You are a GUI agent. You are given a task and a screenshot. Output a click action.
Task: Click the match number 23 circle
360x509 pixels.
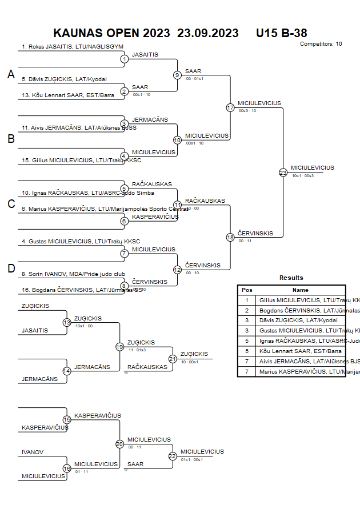coord(283,172)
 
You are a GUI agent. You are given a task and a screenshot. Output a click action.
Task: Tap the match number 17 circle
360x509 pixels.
coord(230,107)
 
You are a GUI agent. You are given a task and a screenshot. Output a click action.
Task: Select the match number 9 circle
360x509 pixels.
coord(177,75)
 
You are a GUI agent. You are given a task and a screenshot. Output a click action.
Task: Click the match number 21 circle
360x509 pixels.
coord(173,359)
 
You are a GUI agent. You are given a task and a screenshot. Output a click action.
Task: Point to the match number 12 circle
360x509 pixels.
coord(177,270)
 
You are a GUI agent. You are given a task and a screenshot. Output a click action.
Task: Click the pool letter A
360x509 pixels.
coord(10,74)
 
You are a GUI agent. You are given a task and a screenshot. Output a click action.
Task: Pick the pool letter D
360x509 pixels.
coord(10,268)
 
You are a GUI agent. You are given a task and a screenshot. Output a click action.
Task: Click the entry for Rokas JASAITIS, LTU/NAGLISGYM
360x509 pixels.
coord(73,47)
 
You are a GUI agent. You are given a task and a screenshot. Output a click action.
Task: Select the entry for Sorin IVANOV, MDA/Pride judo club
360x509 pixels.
coord(74,274)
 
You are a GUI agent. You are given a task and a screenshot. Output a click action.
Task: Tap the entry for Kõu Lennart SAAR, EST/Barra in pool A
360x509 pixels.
coord(68,95)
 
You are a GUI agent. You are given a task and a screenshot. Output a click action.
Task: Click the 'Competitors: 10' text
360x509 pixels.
coord(321,44)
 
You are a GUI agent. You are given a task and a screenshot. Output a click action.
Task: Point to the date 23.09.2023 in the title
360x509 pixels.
coord(208,33)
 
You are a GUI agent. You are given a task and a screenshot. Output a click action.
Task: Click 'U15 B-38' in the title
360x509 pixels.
coord(282,33)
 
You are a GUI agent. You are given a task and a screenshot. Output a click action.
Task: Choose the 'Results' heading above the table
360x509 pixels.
coord(291,278)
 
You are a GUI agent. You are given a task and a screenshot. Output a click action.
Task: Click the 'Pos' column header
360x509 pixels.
coord(247,290)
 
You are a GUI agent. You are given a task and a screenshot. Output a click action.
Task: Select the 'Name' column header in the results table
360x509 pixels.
coord(300,290)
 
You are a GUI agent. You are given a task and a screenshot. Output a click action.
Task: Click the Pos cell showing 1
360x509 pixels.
coord(247,300)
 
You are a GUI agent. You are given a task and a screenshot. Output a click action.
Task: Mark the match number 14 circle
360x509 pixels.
coord(67,371)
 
